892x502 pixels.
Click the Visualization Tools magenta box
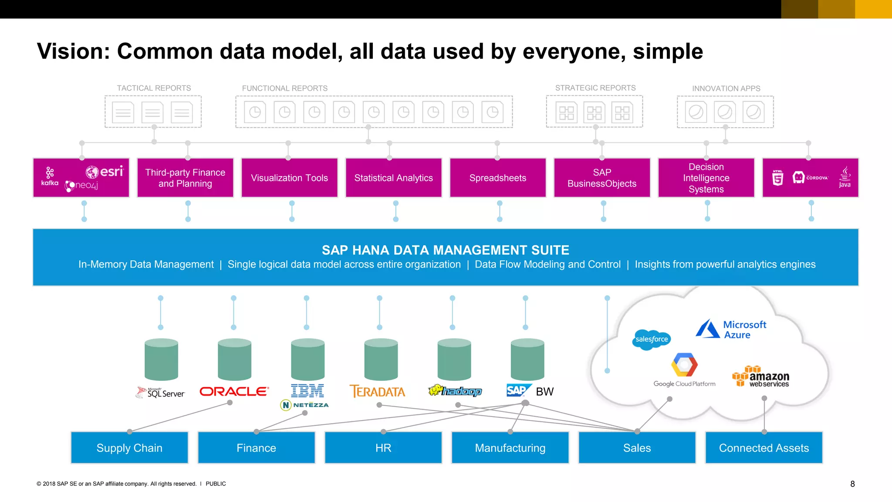coord(289,178)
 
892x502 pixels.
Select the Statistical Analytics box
coord(393,178)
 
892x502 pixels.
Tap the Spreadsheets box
coord(497,178)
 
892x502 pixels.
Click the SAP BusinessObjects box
coord(601,178)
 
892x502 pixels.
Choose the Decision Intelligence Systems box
coord(706,178)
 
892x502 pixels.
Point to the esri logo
coord(105,172)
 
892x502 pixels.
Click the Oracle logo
coord(234,391)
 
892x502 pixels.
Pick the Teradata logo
coord(377,391)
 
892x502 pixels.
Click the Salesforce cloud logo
coord(652,339)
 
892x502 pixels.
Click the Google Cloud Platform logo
coord(684,370)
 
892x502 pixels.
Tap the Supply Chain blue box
coord(129,448)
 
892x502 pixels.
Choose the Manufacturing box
coord(510,448)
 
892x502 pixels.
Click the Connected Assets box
coord(764,448)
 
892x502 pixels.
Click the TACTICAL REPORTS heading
coord(154,88)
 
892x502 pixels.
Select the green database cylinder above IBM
coord(307,359)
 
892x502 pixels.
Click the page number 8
coord(852,484)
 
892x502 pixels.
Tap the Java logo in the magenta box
coord(845,177)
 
